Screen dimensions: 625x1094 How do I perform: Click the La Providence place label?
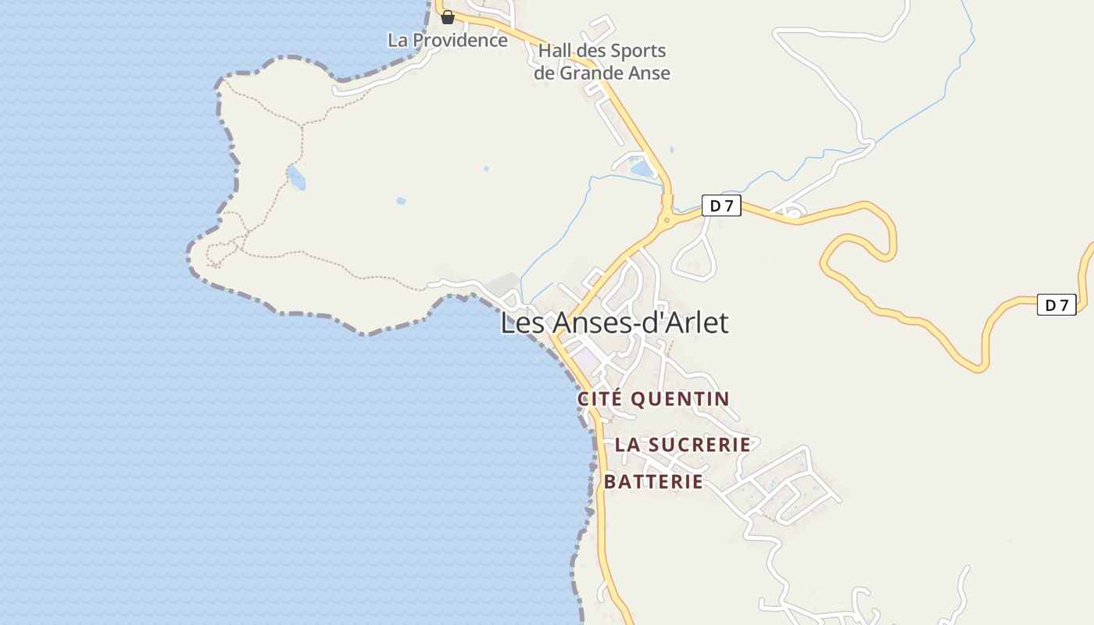448,40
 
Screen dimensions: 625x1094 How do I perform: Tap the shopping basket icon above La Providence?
448,17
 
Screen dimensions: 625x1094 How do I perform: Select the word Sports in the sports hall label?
634,52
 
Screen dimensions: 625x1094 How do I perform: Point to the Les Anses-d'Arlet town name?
614,323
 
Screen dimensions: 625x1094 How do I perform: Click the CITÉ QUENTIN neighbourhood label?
653,399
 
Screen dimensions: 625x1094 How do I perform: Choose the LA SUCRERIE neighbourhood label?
682,445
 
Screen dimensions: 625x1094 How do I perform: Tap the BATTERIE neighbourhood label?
653,482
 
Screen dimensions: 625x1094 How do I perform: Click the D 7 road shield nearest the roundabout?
720,206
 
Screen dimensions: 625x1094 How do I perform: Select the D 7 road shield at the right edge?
1056,305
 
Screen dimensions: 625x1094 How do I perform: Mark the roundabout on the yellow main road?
667,220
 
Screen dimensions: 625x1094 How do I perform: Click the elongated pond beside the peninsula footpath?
296,178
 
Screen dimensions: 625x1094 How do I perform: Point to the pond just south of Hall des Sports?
642,168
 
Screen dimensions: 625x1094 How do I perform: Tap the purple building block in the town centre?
585,359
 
